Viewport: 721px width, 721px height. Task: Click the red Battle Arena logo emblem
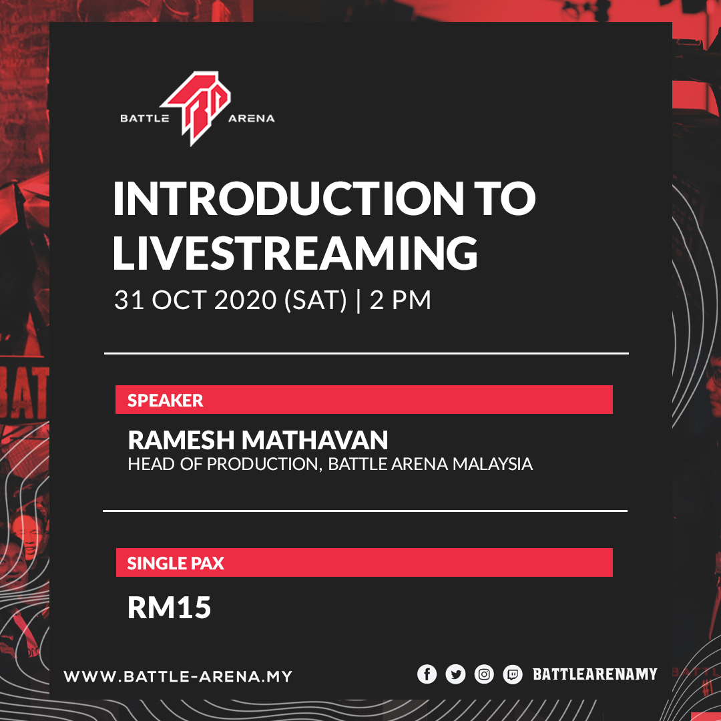[x=197, y=107]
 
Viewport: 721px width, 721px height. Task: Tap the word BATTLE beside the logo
[x=145, y=119]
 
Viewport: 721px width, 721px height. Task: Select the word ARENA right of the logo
[x=252, y=119]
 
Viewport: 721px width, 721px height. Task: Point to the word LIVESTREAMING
[x=295, y=252]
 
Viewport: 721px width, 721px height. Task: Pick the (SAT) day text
[x=316, y=300]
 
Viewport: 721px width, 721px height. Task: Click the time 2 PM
[x=401, y=300]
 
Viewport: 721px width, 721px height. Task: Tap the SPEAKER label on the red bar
[x=165, y=401]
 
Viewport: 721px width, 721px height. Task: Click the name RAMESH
[x=181, y=440]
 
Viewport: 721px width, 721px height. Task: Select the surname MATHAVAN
[x=315, y=440]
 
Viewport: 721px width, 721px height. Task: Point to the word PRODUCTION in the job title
[x=262, y=465]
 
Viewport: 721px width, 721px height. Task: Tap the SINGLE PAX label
[x=176, y=563]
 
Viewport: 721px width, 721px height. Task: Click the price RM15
[x=169, y=608]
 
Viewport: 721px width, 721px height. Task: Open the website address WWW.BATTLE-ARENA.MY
[x=178, y=676]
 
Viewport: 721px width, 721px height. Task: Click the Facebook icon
[x=427, y=674]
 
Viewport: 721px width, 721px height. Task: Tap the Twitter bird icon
[x=455, y=674]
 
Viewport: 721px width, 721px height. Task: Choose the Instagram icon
[x=484, y=674]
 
